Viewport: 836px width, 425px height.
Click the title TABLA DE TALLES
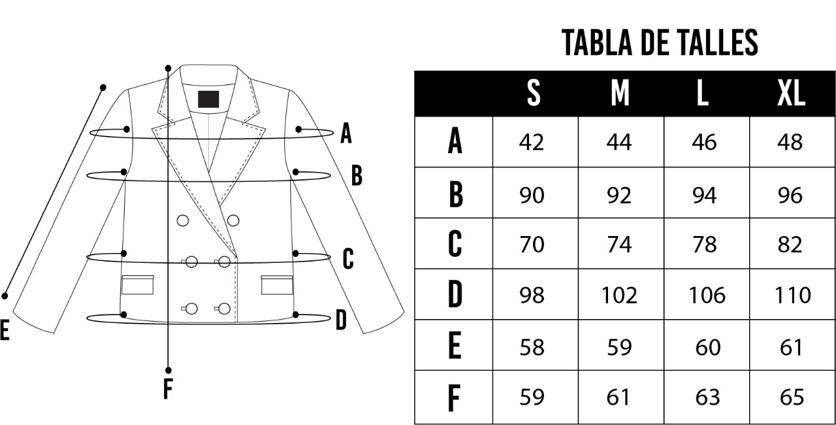coord(660,42)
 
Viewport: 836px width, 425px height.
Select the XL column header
coord(791,93)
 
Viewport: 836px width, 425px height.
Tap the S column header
coord(534,93)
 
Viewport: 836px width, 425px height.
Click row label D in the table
coord(455,294)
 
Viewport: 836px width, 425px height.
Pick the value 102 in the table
coord(619,295)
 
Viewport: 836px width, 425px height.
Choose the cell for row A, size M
coord(619,142)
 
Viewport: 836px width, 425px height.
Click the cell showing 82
coord(790,245)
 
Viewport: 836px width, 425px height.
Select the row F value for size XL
coord(791,397)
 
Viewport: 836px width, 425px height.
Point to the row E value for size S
coord(532,347)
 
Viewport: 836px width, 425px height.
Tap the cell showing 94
coord(704,195)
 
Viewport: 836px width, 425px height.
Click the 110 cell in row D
coord(792,295)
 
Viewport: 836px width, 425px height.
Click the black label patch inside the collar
coord(208,99)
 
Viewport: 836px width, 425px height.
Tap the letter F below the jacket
coord(168,389)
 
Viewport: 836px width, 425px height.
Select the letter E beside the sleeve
coord(5,330)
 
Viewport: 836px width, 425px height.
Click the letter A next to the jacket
coord(346,133)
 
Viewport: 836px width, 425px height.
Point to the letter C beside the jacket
coord(348,259)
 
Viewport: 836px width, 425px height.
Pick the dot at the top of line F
coord(168,68)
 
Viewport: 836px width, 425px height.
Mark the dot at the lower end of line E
coord(5,296)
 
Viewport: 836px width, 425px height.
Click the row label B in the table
coord(456,194)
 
